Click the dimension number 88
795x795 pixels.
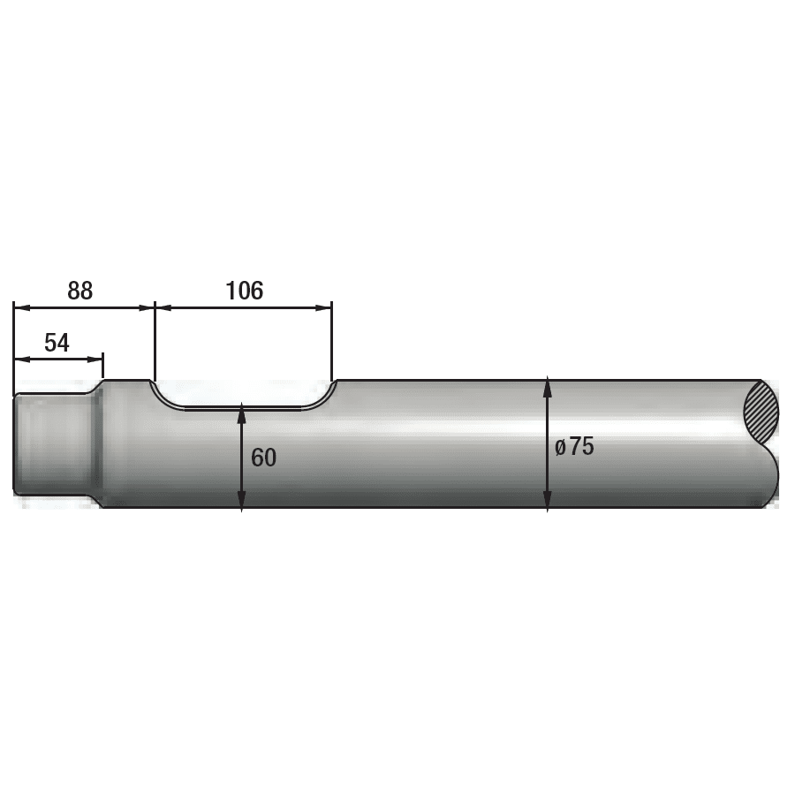(x=80, y=291)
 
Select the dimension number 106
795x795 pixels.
(x=245, y=291)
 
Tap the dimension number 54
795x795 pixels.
(x=57, y=343)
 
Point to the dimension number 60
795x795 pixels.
(x=263, y=458)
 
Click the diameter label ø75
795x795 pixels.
(x=574, y=447)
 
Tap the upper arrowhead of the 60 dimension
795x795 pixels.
(x=242, y=413)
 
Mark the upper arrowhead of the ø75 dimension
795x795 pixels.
(x=548, y=388)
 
